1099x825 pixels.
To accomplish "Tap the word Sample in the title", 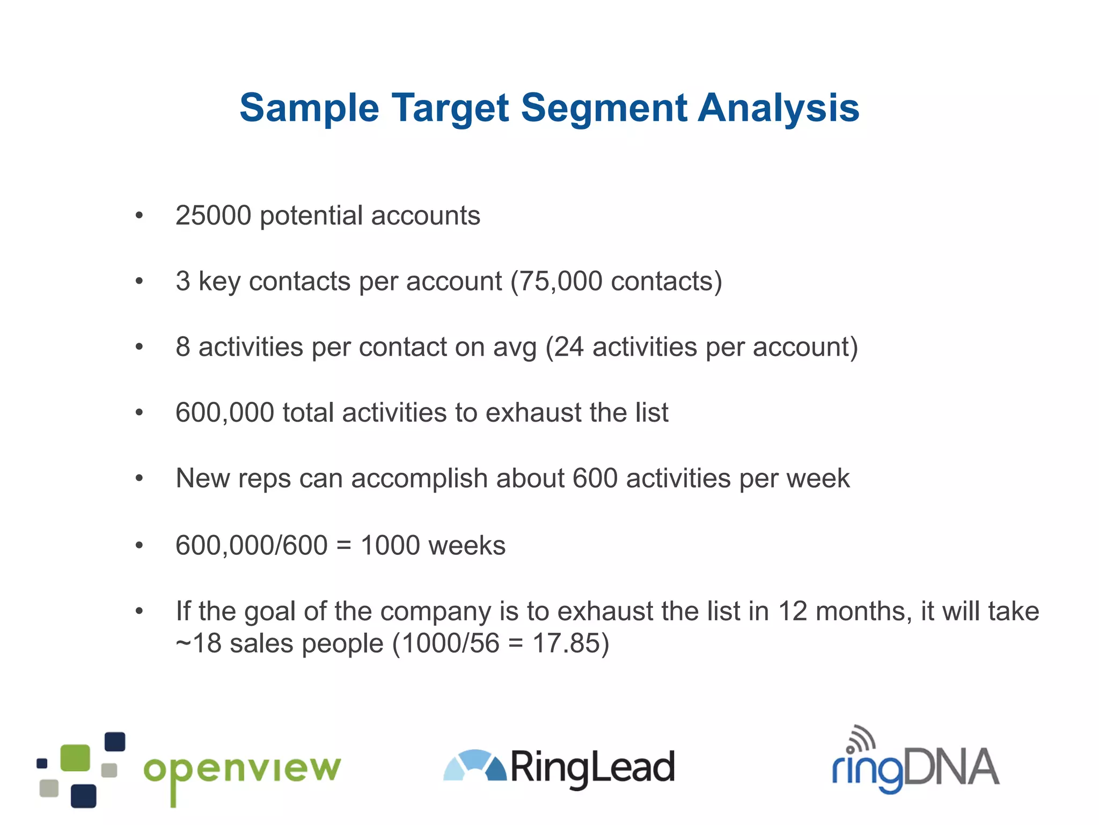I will [x=309, y=108].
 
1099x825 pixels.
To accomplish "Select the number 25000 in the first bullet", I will [x=213, y=216].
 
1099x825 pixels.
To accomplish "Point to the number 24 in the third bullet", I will [x=568, y=347].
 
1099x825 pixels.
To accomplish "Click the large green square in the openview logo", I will [x=75, y=757].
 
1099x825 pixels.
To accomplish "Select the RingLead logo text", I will [x=592, y=768].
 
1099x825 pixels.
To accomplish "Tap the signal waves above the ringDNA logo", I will [x=862, y=738].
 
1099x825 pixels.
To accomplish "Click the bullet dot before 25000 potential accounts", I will [x=140, y=216].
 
